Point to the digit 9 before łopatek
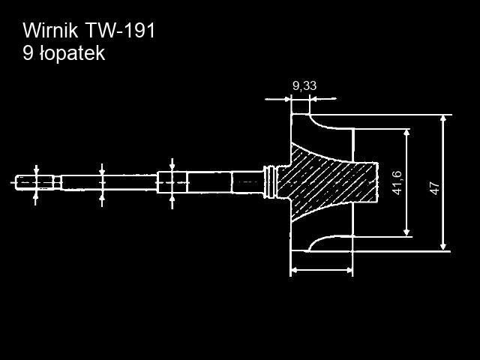coord(28,53)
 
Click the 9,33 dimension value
coord(304,86)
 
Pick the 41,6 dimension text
coord(397,182)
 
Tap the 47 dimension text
coord(433,187)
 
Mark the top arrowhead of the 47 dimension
coord(444,119)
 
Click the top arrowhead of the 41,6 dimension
coord(406,133)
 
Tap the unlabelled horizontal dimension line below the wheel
coord(321,269)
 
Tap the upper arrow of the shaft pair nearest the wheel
coord(172,164)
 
